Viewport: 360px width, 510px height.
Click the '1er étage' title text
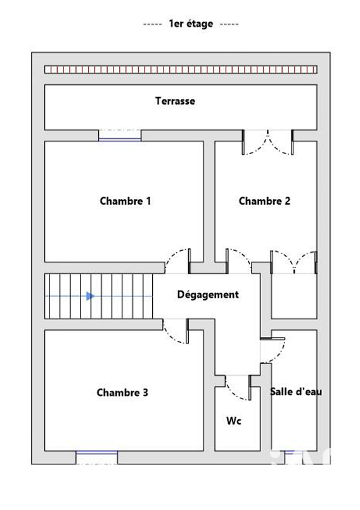point(191,23)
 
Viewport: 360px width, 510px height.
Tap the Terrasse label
point(175,101)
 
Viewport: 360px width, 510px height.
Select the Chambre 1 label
point(125,201)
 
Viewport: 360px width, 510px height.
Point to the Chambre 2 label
point(264,201)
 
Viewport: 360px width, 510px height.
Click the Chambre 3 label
point(122,393)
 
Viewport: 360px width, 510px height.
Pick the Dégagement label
point(208,295)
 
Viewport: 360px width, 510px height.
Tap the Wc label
point(234,421)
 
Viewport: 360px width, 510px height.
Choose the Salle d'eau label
point(296,392)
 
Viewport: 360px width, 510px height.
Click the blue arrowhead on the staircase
point(91,296)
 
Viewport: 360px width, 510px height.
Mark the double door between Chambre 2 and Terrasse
point(267,142)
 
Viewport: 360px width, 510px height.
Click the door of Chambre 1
point(178,261)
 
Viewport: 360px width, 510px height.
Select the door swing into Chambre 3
point(176,331)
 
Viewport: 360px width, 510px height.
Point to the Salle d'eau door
point(273,350)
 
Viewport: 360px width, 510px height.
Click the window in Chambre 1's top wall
point(120,136)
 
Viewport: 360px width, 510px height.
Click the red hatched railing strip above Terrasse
point(181,69)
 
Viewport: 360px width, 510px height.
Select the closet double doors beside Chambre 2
point(294,262)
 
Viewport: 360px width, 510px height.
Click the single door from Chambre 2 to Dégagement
point(238,261)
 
